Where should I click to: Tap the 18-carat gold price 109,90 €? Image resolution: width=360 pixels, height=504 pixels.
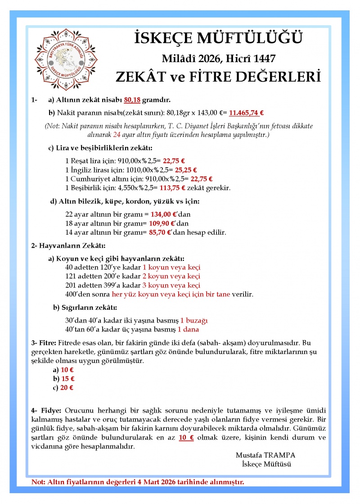pyautogui.click(x=165, y=223)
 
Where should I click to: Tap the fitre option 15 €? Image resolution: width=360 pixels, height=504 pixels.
pyautogui.click(x=68, y=379)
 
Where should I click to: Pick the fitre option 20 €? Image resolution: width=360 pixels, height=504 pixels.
pyautogui.click(x=67, y=387)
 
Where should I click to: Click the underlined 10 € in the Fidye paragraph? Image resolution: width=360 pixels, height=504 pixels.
pyautogui.click(x=186, y=437)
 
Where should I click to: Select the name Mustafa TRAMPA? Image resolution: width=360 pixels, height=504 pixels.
pyautogui.click(x=265, y=455)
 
